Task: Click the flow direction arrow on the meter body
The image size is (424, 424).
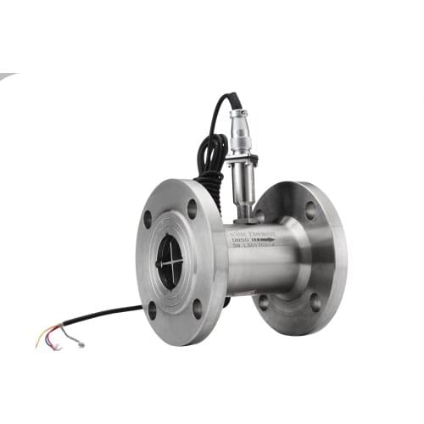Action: tap(265, 240)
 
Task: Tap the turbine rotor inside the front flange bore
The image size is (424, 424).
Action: tap(170, 261)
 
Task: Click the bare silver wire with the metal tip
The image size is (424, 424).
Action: tap(76, 342)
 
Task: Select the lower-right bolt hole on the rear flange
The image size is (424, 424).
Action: tap(315, 301)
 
